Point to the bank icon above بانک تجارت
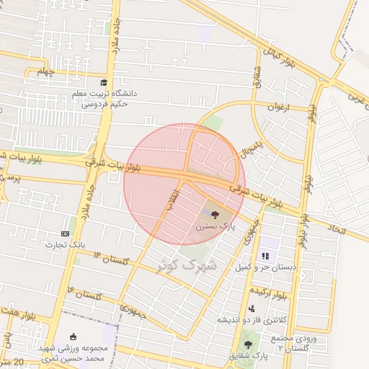(66, 234)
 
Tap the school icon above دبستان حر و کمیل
(265, 255)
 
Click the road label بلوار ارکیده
(269, 293)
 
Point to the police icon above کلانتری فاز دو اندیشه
(251, 308)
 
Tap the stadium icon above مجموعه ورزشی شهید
(72, 337)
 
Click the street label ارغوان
(277, 107)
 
